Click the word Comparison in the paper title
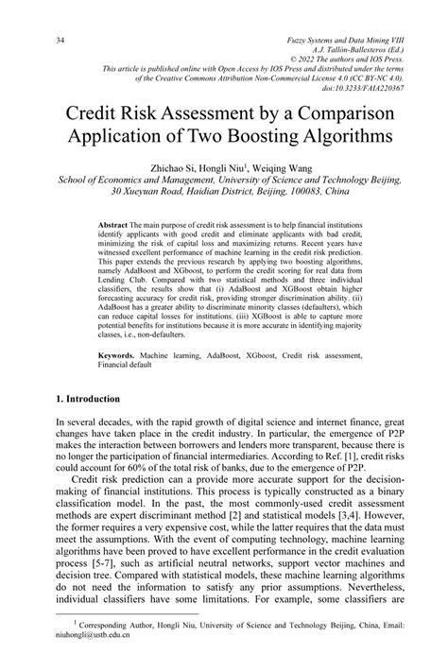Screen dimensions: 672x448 (327, 110)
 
